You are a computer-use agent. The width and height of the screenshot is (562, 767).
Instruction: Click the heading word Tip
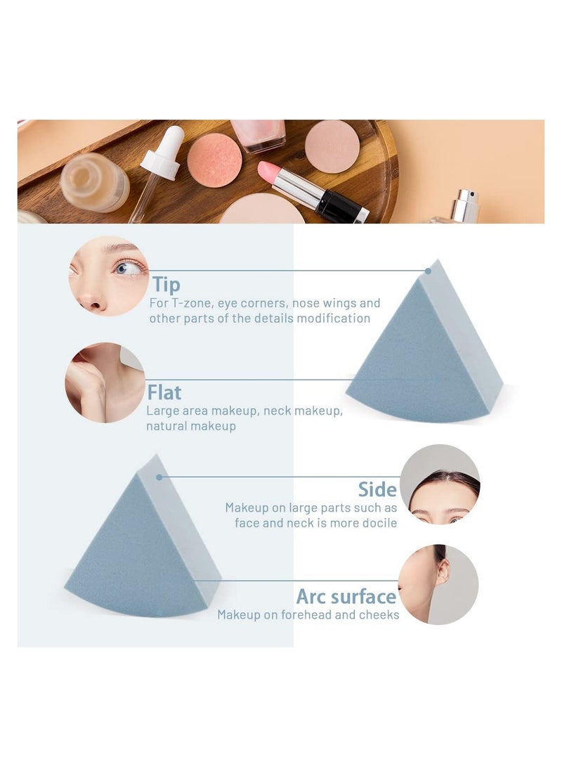tap(166, 285)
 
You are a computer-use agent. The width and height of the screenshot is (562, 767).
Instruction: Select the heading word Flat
tap(164, 392)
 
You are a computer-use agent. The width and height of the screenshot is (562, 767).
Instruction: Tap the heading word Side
tap(377, 489)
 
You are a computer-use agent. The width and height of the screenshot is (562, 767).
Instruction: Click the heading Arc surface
tap(346, 597)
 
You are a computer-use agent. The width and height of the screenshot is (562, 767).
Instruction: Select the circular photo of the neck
tap(105, 382)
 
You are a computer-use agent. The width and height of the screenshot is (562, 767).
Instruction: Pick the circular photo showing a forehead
tap(440, 484)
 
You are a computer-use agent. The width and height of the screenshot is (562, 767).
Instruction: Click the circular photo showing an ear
tap(438, 584)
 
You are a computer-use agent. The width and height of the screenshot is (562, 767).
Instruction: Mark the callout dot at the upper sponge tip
tap(428, 271)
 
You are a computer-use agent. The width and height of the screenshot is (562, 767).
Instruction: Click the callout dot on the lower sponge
tap(159, 477)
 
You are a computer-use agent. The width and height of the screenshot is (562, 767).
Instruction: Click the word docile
tap(379, 523)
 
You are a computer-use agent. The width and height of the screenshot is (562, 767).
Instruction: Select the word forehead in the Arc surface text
tap(311, 615)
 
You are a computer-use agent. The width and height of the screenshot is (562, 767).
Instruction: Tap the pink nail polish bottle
tap(258, 134)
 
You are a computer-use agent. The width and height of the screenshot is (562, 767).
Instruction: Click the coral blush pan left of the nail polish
tap(214, 160)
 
